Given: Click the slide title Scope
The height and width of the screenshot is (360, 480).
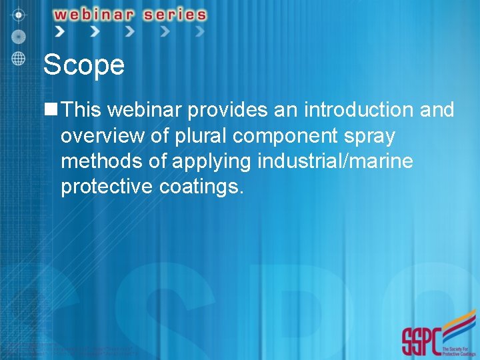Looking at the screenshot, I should tap(83, 65).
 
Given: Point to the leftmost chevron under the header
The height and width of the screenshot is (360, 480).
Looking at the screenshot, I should tap(60, 31).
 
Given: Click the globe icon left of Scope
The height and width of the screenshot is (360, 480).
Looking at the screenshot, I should tap(19, 58).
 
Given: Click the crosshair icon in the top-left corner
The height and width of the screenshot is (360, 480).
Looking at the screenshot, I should tap(19, 14).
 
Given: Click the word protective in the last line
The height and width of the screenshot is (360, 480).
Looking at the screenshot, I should tap(107, 187).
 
